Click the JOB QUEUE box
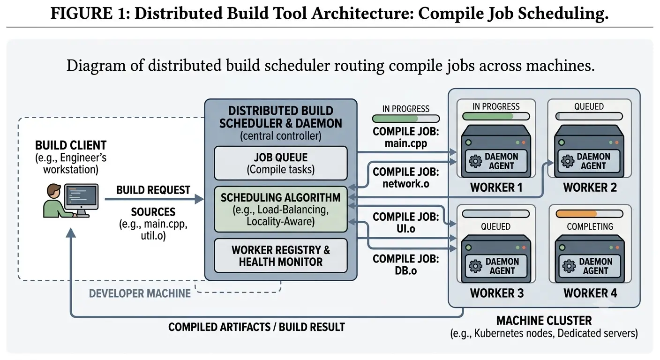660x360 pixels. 280,163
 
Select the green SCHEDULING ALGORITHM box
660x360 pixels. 280,209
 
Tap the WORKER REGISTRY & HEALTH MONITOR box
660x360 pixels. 280,256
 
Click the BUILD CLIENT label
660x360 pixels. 71,145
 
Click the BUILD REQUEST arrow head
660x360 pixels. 200,199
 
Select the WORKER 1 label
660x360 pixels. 496,187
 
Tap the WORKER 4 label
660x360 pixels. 590,293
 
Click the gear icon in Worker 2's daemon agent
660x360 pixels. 568,161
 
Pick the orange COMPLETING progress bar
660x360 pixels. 589,214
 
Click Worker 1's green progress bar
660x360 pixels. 496,116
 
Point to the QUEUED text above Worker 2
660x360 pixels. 589,106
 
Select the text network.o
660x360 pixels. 406,184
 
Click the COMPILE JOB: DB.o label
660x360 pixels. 406,264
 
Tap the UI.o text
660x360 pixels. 406,229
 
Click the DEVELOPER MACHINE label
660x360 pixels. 140,293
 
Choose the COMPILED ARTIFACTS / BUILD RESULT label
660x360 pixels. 256,327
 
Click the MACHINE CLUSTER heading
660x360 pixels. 544,321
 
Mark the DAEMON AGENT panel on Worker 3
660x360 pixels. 496,266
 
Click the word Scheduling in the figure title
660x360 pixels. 563,14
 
